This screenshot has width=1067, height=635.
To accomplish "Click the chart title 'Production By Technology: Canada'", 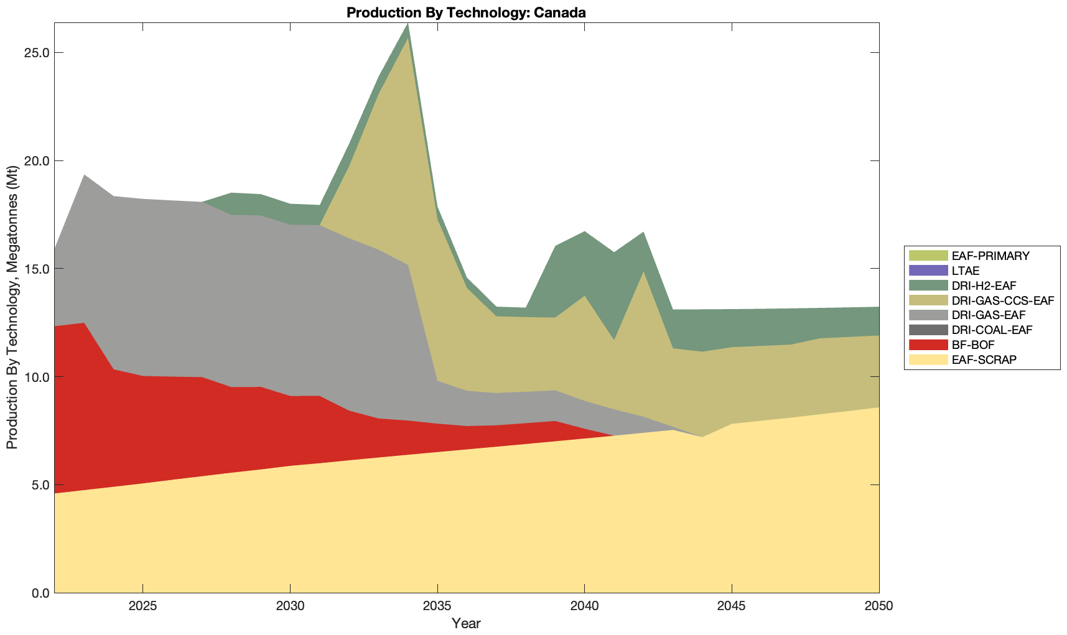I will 466,12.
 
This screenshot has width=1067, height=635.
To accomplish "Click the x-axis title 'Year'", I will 466,623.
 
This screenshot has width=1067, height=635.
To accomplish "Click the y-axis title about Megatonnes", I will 12,308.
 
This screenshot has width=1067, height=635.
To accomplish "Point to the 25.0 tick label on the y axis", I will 37,53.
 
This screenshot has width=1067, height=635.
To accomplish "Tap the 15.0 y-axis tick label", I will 37,269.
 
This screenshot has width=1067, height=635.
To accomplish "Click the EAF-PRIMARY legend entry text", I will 990,256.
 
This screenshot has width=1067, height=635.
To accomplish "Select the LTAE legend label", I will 966,271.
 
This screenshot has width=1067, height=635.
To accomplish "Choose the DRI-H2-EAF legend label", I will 984,285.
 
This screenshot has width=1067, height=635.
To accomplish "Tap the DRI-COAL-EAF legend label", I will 992,330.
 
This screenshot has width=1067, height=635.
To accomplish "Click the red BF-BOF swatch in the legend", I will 928,345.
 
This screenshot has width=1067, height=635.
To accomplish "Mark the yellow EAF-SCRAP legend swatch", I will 928,359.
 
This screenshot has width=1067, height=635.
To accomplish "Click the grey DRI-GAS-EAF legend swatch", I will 928,315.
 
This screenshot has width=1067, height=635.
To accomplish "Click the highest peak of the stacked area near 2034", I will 408,24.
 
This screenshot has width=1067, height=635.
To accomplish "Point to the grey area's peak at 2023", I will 84,176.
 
